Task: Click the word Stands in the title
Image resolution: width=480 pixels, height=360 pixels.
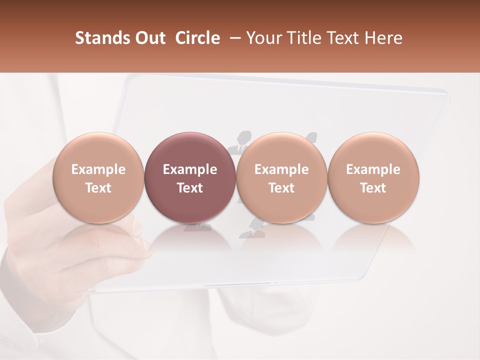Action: [99, 38]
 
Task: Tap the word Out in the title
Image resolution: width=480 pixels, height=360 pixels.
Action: [148, 38]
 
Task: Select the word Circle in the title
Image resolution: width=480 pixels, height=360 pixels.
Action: [197, 38]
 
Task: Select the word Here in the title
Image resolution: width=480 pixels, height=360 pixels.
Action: [383, 38]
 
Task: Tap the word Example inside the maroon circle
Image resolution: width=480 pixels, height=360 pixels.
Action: [189, 169]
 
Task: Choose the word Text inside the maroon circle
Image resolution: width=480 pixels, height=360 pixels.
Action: [189, 188]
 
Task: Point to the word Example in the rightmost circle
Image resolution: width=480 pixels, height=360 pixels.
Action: [373, 169]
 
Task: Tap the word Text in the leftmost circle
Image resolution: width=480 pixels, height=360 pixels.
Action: [98, 188]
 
